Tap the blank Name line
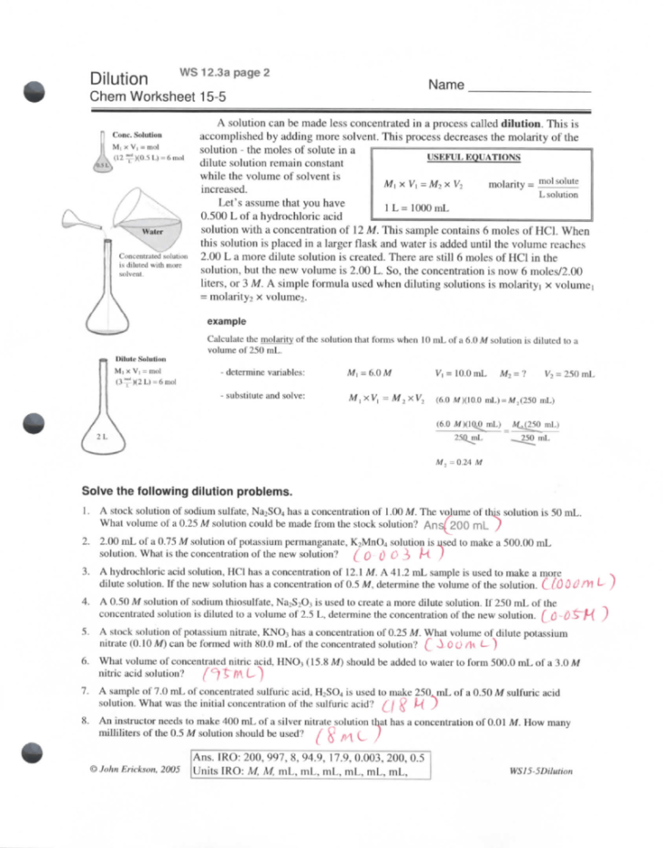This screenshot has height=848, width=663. (x=528, y=90)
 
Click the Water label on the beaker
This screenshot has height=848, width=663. (x=152, y=232)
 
